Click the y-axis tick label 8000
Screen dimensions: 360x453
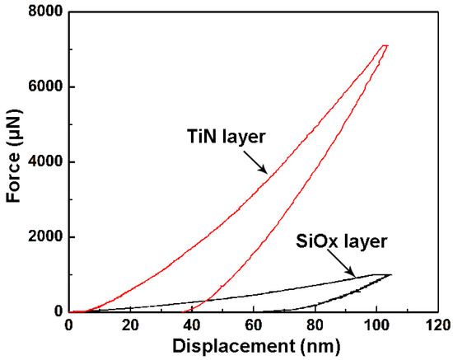(46, 12)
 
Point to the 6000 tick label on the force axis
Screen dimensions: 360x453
(46, 87)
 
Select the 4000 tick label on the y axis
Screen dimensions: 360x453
(46, 162)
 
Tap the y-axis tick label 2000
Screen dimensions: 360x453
(46, 237)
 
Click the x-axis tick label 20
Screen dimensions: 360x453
(130, 325)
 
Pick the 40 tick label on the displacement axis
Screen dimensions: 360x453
(192, 325)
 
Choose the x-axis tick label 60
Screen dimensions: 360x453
(254, 325)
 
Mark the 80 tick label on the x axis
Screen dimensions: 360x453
(315, 325)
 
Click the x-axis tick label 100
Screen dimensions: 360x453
(376, 325)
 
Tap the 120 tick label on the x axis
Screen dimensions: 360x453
(438, 325)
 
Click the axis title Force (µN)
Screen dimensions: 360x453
(13, 162)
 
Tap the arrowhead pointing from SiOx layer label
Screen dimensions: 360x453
(356, 275)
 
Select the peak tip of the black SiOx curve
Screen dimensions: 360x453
(390, 274)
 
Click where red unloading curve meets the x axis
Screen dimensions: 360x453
(185, 311)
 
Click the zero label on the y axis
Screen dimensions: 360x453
(58, 312)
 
